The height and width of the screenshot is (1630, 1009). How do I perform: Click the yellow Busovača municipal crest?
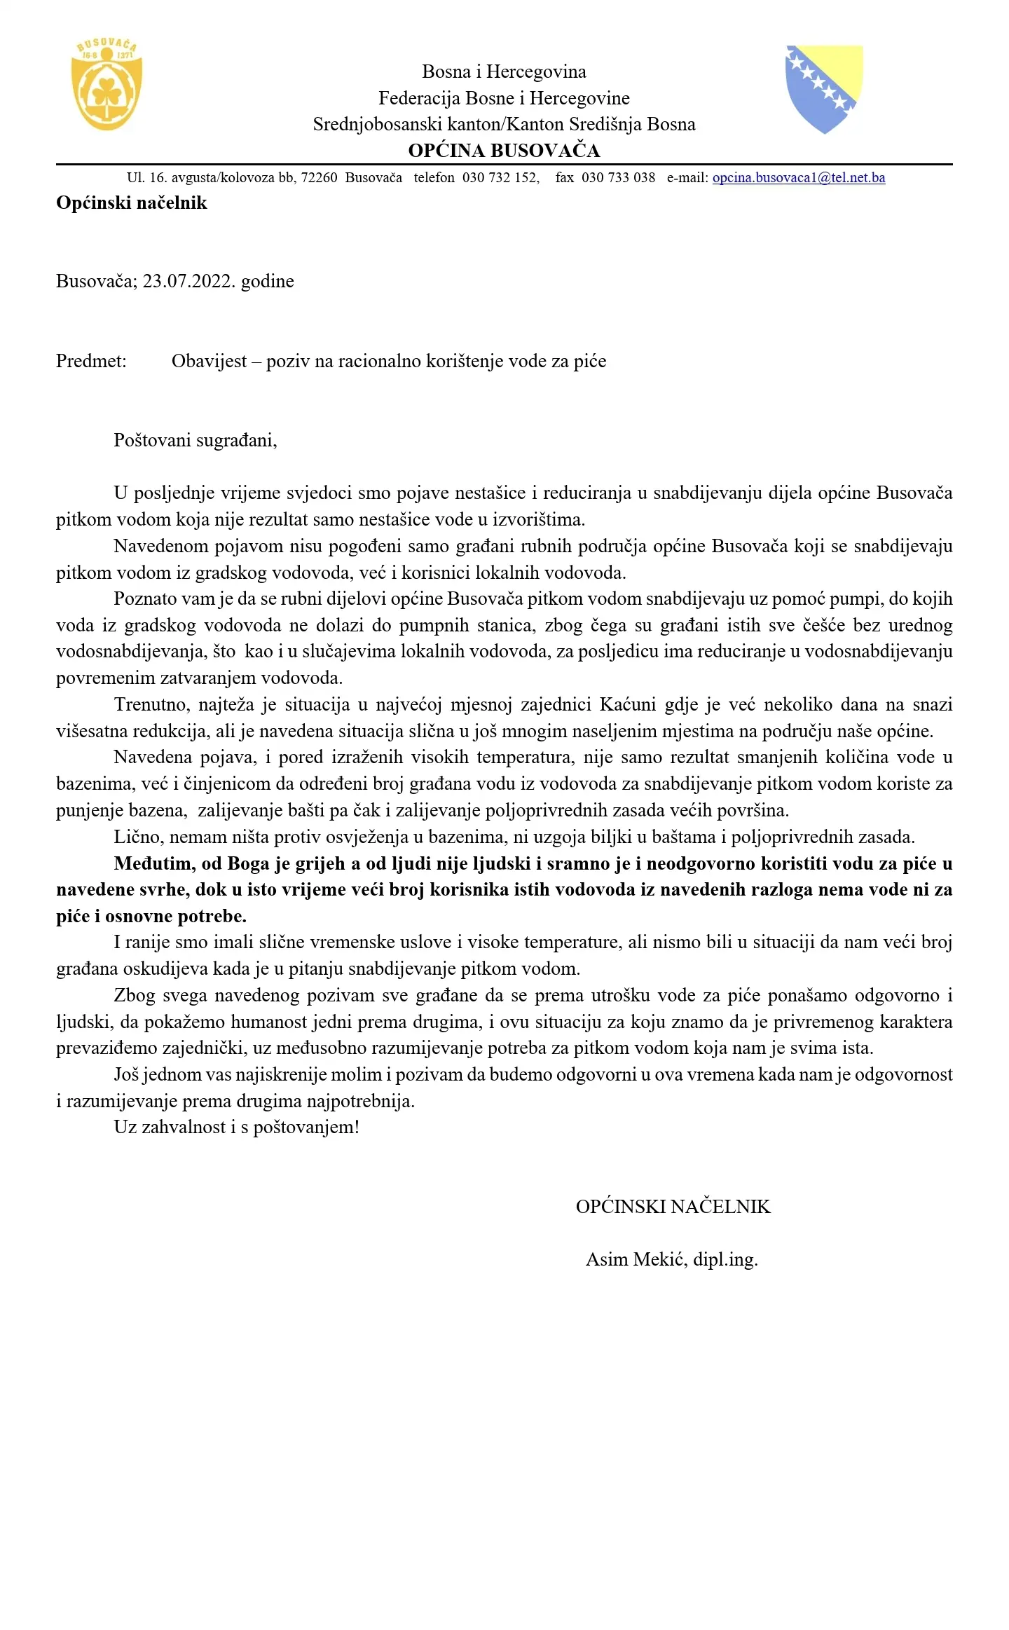[107, 85]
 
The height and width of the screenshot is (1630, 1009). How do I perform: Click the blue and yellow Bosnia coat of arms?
[824, 88]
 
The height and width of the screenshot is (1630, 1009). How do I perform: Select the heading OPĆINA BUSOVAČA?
[504, 151]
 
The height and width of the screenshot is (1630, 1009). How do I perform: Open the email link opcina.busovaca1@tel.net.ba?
[798, 178]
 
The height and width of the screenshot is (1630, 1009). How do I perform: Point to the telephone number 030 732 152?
[500, 178]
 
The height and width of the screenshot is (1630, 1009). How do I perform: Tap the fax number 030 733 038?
[618, 178]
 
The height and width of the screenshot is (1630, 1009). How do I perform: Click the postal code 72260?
[319, 178]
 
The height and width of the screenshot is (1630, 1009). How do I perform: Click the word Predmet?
[91, 362]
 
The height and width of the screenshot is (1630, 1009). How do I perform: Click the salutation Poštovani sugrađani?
[195, 441]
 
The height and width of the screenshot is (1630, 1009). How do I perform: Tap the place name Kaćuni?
[628, 704]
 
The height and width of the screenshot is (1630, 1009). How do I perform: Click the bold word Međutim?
[154, 863]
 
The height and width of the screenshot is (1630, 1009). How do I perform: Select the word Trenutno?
[151, 704]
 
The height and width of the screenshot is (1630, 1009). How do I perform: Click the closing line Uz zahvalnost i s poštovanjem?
[236, 1128]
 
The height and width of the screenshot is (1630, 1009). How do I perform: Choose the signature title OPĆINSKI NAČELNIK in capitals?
[673, 1207]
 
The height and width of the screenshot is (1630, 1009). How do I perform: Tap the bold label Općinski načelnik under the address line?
[132, 203]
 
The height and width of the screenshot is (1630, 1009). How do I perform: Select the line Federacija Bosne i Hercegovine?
[504, 98]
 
